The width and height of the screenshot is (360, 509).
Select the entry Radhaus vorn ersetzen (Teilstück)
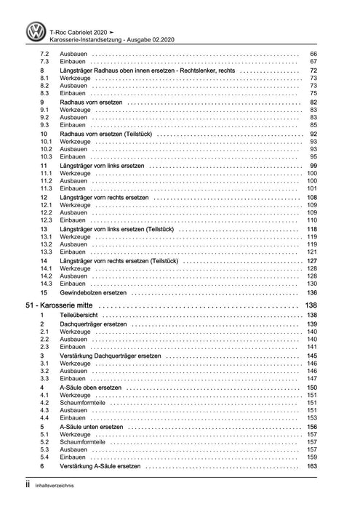[106, 135]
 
